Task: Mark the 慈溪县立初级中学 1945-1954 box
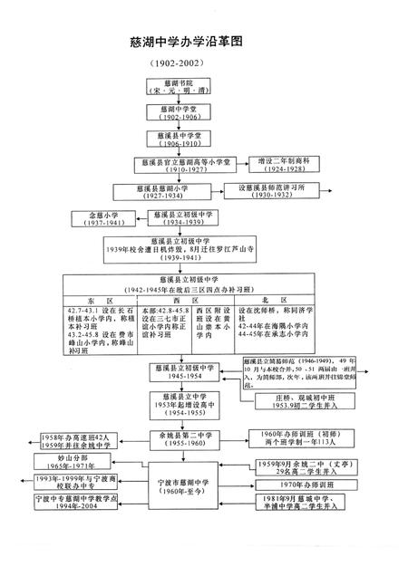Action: (x=188, y=372)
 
